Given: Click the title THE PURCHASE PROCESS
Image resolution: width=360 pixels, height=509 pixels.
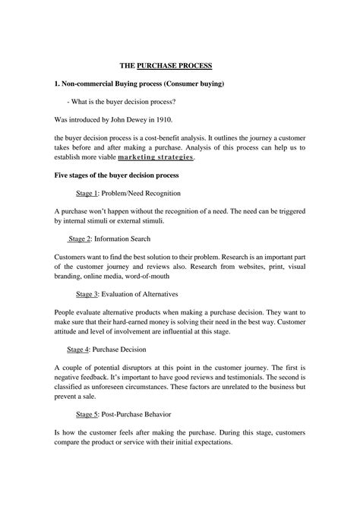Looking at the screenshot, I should click(181, 66).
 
